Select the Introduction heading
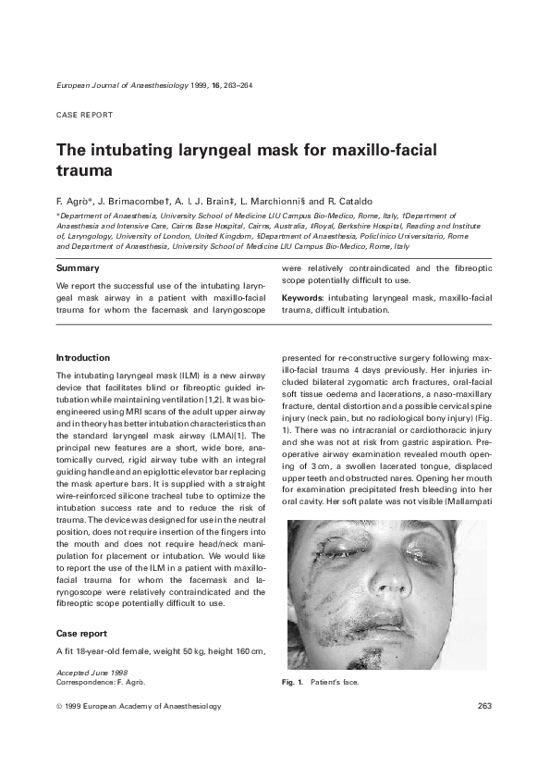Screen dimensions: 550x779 [x=83, y=356]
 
